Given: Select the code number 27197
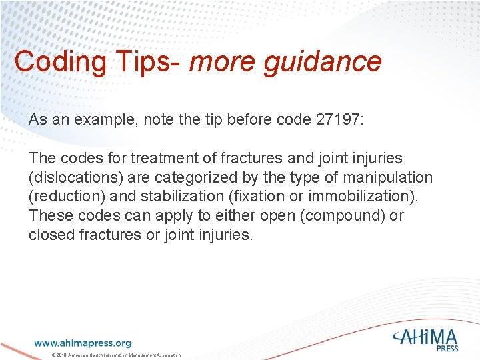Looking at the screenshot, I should [333, 120].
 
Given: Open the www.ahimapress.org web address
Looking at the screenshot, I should [82, 343].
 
